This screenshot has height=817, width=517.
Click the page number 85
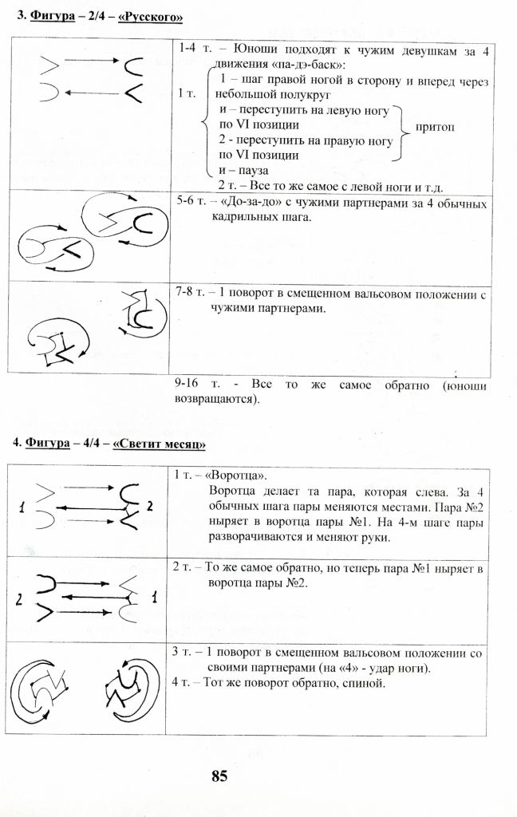(x=220, y=776)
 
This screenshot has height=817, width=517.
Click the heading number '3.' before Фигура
(x=20, y=16)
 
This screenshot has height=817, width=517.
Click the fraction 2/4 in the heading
(x=92, y=16)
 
